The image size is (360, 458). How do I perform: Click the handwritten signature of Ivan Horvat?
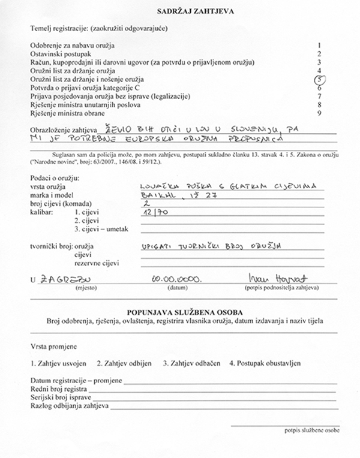268,278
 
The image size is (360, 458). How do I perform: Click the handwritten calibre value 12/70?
152,212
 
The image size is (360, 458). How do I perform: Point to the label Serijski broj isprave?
61,398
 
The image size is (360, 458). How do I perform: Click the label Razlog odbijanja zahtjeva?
68,406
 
